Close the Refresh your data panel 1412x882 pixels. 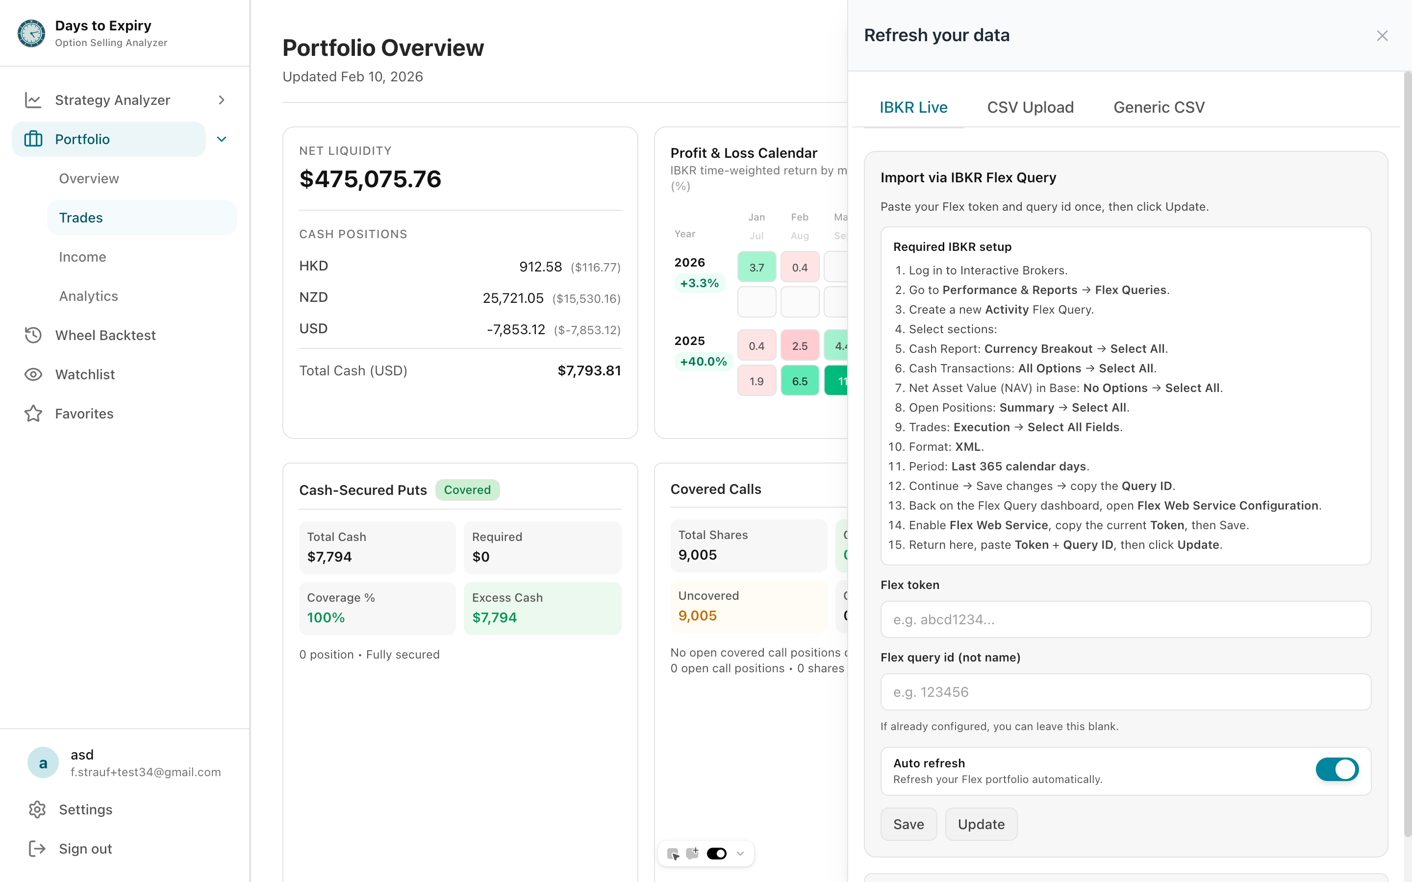(1382, 36)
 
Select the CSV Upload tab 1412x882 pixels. (1030, 107)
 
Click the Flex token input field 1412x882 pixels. (1125, 619)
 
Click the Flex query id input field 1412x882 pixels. (1125, 692)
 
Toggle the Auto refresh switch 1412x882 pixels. (1336, 769)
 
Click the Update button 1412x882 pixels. (981, 824)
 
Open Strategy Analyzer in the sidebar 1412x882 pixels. (113, 100)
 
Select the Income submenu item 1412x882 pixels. (82, 257)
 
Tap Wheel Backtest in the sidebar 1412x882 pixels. (105, 336)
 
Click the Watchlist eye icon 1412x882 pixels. (33, 374)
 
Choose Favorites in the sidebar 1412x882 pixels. (84, 414)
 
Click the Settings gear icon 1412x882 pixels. (37, 809)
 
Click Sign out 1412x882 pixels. (85, 849)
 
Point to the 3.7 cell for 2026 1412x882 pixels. (756, 267)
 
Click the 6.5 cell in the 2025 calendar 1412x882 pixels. (799, 381)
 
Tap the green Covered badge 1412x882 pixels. (467, 490)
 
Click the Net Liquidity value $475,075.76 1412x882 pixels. (370, 179)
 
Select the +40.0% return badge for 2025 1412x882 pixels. (703, 362)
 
